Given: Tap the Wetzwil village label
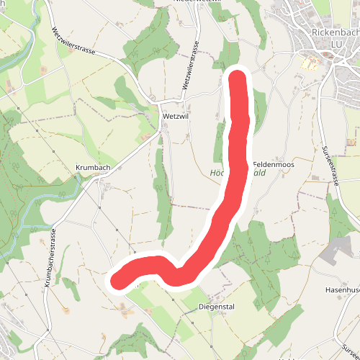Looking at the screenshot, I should coord(176,115).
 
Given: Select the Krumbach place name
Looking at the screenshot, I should coord(92,167).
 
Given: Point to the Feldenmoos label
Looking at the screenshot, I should coord(274,165).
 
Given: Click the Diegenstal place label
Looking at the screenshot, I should coord(217,307).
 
